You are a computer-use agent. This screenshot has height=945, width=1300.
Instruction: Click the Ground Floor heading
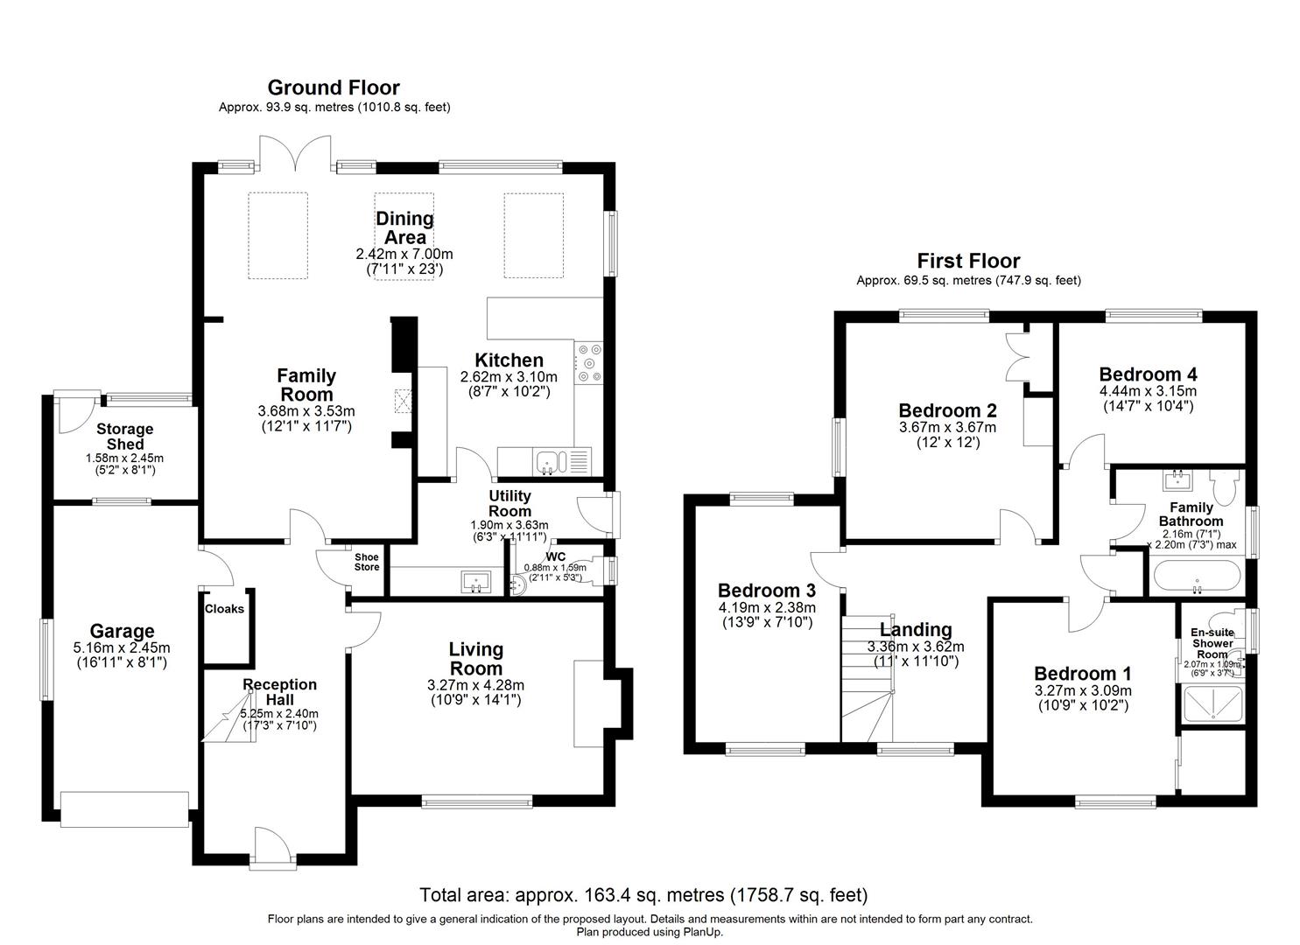[333, 87]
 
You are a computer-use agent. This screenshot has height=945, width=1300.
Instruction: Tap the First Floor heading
[968, 261]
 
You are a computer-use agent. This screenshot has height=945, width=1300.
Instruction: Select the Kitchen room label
[509, 360]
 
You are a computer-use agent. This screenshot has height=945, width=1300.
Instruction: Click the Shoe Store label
[367, 562]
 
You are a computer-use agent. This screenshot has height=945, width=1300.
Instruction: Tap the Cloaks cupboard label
[224, 609]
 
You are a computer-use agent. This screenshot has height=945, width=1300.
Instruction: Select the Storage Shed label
[124, 437]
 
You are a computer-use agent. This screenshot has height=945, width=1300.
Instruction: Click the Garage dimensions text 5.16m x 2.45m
[123, 648]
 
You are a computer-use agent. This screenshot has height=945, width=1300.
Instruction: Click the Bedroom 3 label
[766, 591]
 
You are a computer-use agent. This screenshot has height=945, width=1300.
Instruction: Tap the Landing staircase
[867, 678]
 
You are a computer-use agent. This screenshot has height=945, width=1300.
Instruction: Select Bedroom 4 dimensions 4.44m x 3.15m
[1148, 391]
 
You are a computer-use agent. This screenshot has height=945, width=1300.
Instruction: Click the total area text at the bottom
[643, 895]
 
